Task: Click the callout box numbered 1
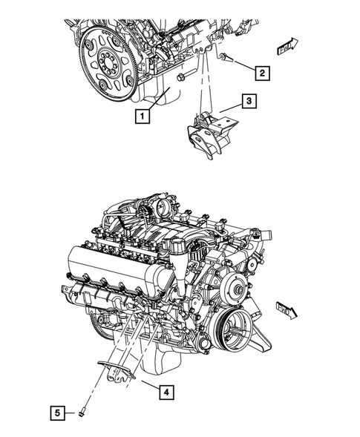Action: coord(141,116)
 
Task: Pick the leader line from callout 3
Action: coord(230,108)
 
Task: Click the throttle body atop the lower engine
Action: coord(160,206)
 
